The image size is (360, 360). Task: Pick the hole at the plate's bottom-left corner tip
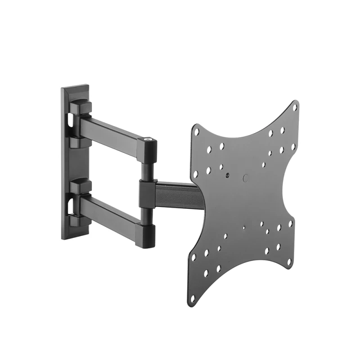pyautogui.click(x=192, y=298)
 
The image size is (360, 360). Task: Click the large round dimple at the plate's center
pyautogui.click(x=246, y=178)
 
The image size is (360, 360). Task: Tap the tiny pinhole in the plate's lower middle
pyautogui.click(x=243, y=228)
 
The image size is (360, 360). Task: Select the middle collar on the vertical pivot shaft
pyautogui.click(x=148, y=193)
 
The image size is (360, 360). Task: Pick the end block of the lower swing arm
pyautogui.click(x=146, y=235)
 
